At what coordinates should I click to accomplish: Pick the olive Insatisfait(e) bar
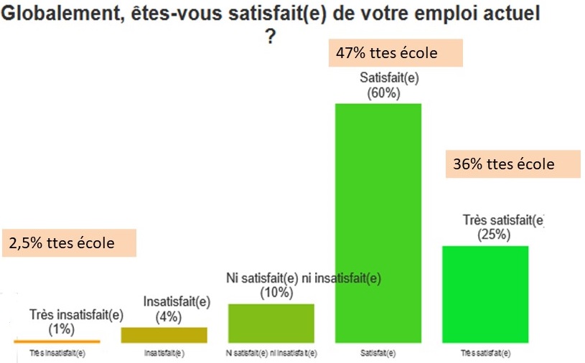[x=164, y=335]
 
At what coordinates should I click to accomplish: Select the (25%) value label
[x=494, y=234]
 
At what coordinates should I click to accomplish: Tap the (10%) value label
[x=277, y=292]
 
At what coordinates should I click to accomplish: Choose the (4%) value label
[x=167, y=316]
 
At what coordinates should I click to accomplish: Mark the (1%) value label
[x=62, y=329]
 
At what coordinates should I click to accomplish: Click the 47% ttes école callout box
[x=396, y=52]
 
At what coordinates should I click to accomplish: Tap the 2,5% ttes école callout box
[x=70, y=242]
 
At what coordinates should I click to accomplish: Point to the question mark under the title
[x=271, y=37]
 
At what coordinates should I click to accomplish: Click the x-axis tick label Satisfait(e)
[x=378, y=354]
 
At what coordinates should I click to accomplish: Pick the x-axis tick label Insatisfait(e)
[x=164, y=354]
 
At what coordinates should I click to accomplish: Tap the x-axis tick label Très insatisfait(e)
[x=57, y=354]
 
